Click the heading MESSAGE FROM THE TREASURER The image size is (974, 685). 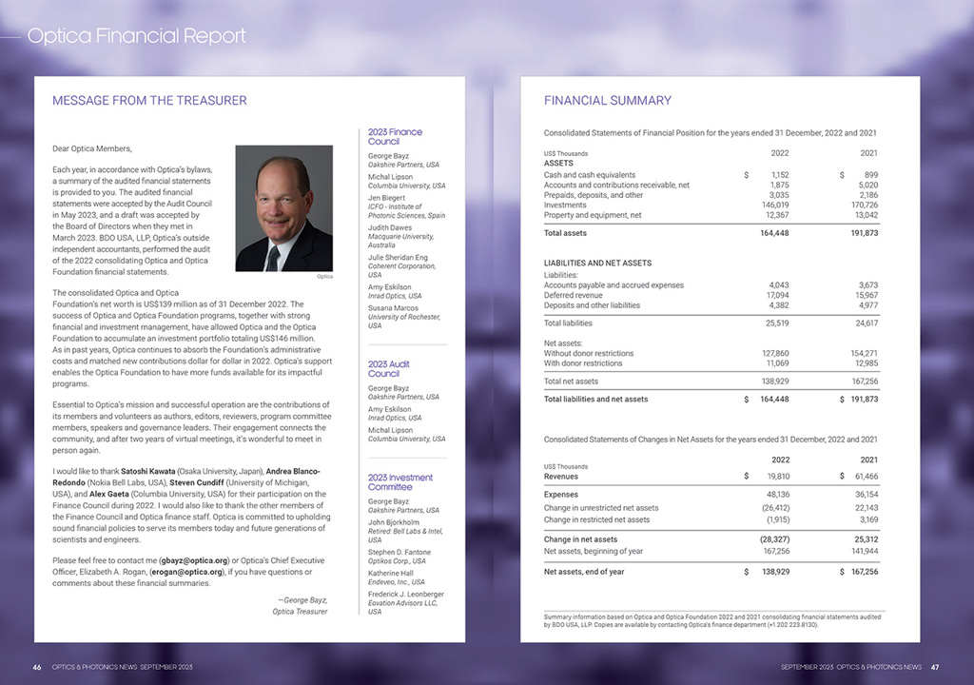[x=149, y=100]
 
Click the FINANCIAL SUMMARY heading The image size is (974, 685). [x=607, y=100]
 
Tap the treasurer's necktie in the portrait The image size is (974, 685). [x=274, y=255]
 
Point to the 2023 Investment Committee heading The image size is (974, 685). [x=399, y=481]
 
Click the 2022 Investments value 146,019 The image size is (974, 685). [x=776, y=205]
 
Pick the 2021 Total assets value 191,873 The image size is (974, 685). [x=862, y=233]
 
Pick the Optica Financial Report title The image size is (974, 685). [x=136, y=36]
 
